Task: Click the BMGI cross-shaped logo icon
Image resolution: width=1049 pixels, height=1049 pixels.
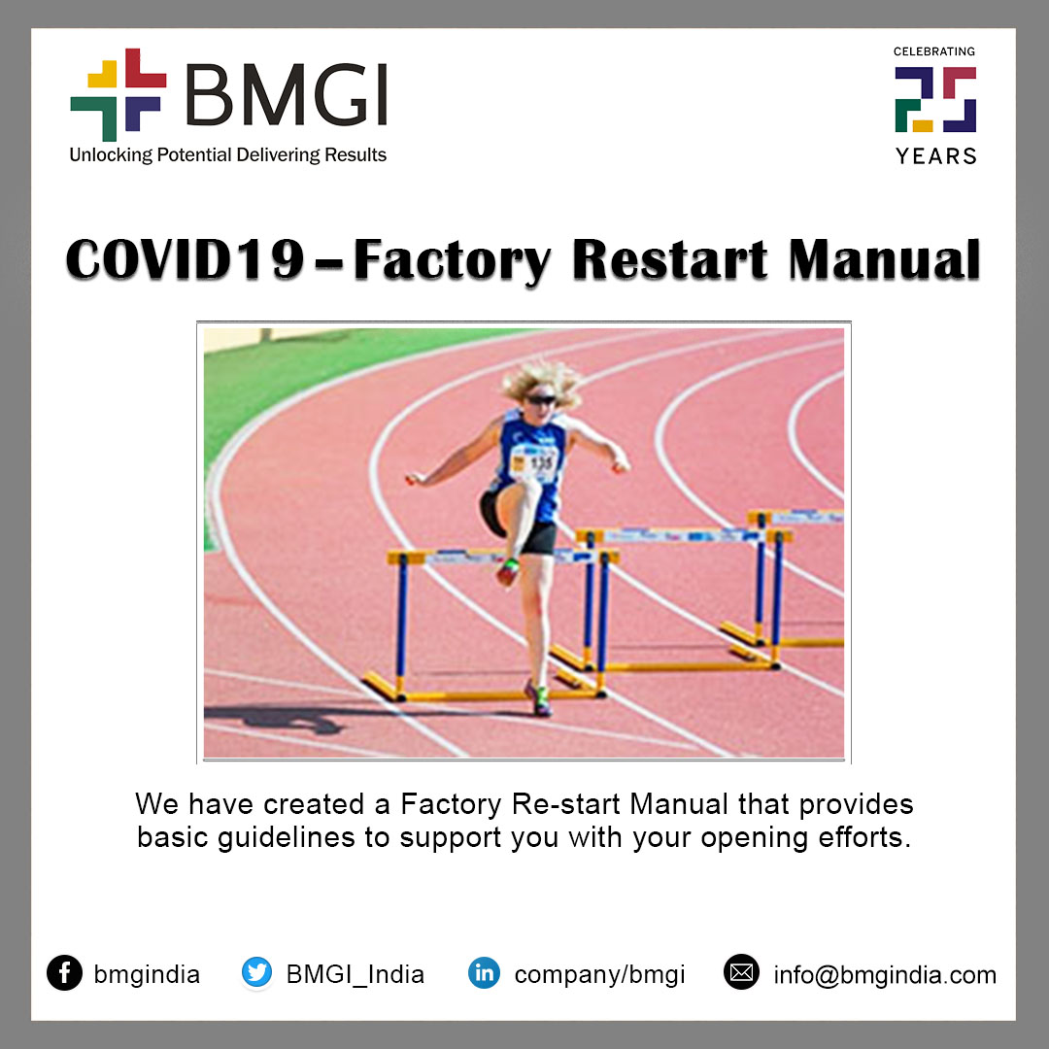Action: click(118, 94)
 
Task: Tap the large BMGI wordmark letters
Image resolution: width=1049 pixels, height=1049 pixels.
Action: click(287, 94)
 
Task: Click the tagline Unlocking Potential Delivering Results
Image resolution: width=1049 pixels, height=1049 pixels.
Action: click(228, 155)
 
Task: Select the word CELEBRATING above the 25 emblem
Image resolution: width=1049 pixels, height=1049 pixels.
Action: click(934, 51)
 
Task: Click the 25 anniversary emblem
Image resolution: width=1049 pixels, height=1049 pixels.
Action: click(936, 100)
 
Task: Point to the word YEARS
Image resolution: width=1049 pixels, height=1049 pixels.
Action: click(936, 155)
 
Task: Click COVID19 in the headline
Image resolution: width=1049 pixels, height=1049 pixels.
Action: click(186, 260)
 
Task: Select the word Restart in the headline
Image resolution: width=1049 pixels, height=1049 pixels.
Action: click(670, 259)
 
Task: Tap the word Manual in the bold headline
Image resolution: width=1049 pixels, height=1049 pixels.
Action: click(885, 259)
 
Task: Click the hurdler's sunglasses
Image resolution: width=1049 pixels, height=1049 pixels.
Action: click(541, 399)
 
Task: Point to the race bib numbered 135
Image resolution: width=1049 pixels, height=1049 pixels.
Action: click(534, 463)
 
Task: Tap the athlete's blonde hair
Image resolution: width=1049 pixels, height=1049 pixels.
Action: click(541, 383)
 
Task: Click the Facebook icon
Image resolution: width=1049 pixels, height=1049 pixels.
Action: click(64, 972)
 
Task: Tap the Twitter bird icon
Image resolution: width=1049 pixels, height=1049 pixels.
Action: click(256, 972)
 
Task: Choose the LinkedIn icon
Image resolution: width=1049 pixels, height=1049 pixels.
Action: click(484, 972)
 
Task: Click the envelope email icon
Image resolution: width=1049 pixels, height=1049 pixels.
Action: click(741, 972)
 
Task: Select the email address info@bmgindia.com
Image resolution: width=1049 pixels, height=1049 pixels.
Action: click(885, 975)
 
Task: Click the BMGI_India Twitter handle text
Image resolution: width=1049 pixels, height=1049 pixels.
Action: click(355, 975)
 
